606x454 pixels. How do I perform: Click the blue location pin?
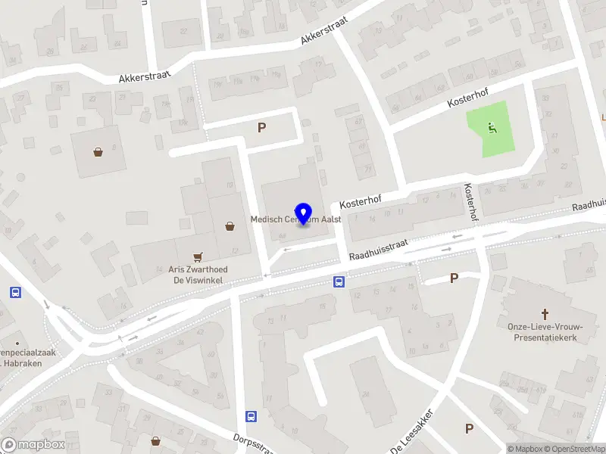pos(304,213)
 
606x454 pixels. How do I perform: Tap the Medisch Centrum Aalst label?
pos(296,219)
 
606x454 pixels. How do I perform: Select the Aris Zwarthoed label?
pos(198,269)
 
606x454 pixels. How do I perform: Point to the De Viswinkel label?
pos(198,280)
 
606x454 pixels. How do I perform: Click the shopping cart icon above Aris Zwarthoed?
pos(198,256)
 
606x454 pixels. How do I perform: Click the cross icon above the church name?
pos(544,313)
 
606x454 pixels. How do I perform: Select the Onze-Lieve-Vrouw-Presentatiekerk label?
pos(545,332)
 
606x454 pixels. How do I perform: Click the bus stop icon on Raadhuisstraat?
pos(339,283)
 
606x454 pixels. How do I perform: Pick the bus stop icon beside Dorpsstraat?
pos(251,415)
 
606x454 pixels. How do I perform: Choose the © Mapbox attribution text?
pos(526,449)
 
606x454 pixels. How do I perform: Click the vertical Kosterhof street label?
pos(471,201)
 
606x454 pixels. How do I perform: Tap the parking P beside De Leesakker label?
pos(469,429)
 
